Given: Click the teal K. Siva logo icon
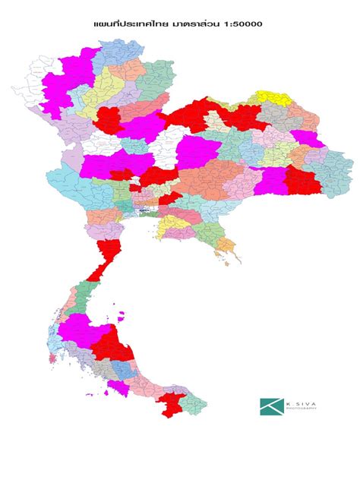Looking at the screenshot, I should [270, 406].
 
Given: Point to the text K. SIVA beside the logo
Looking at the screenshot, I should [299, 402].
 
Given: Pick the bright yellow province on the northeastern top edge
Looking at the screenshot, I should [270, 96].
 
